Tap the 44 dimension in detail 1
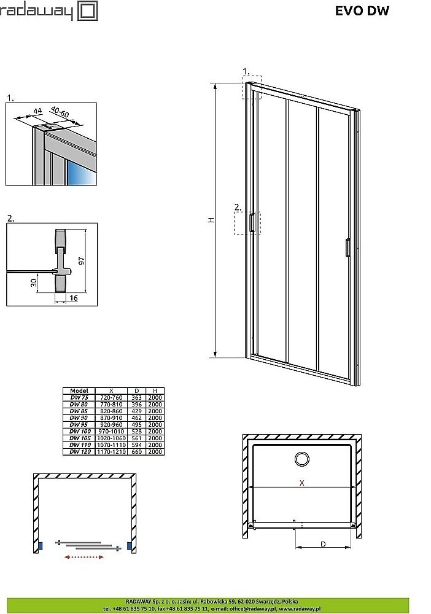tap(37, 111)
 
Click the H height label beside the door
tap(211, 220)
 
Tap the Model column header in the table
tap(79, 391)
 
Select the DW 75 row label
tap(79, 398)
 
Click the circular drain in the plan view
tap(301, 459)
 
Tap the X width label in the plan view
tap(301, 483)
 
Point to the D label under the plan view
tap(323, 543)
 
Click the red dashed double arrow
tap(83, 557)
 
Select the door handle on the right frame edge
tap(348, 247)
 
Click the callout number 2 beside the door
tap(236, 207)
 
